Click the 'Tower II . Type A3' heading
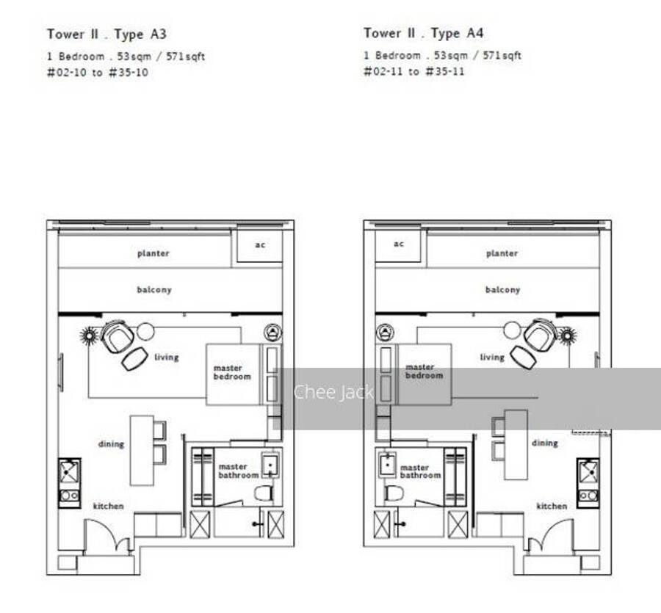[x=106, y=34]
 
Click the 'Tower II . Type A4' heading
[x=423, y=33]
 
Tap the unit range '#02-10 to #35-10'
[x=98, y=73]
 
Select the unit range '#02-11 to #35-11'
[x=414, y=71]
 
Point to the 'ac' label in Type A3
[x=260, y=244]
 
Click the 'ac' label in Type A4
[x=398, y=244]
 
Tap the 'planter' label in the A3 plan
[x=153, y=253]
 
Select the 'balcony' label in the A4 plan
[x=502, y=289]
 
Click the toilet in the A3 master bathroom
[x=264, y=493]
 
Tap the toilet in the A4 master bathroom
[x=394, y=493]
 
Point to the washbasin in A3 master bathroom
[x=270, y=465]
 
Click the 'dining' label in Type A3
[x=111, y=444]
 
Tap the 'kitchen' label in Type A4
[x=552, y=506]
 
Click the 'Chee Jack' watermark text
[x=333, y=392]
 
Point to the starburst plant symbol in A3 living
[x=90, y=335]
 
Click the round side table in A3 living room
[x=145, y=332]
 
